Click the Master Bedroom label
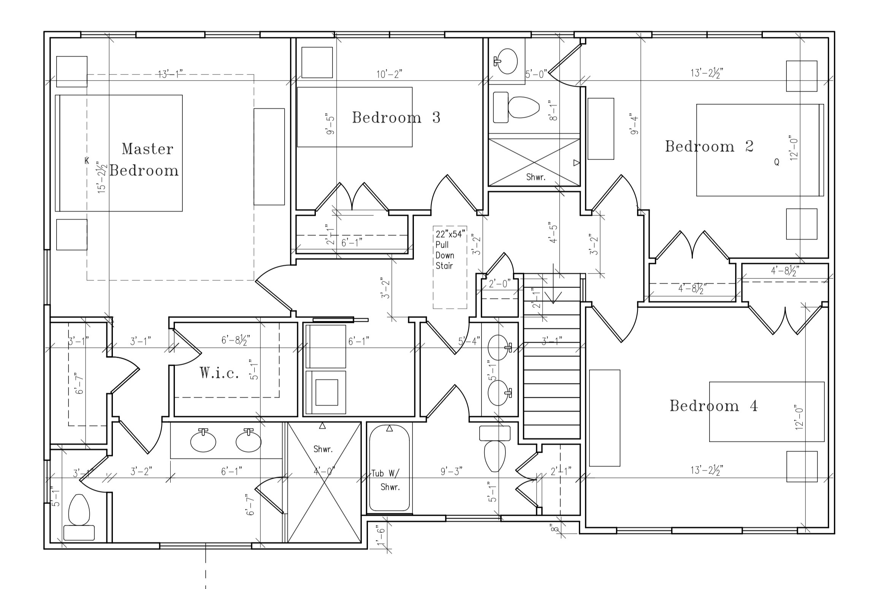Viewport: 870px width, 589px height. (x=144, y=159)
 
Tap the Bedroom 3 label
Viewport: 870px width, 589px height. (x=396, y=117)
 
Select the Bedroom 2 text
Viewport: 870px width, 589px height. (x=709, y=146)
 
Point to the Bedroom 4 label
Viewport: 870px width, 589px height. (x=714, y=406)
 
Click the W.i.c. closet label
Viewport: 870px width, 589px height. (x=220, y=373)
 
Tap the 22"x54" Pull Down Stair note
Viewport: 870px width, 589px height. (x=450, y=249)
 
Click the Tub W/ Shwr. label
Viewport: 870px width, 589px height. (x=386, y=480)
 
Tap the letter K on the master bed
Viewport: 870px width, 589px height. (x=87, y=161)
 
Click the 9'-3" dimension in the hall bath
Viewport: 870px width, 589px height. (x=452, y=471)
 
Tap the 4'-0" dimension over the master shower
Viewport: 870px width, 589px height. (x=324, y=471)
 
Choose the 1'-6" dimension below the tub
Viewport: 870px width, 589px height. (x=380, y=536)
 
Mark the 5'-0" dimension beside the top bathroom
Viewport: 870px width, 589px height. (x=536, y=74)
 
